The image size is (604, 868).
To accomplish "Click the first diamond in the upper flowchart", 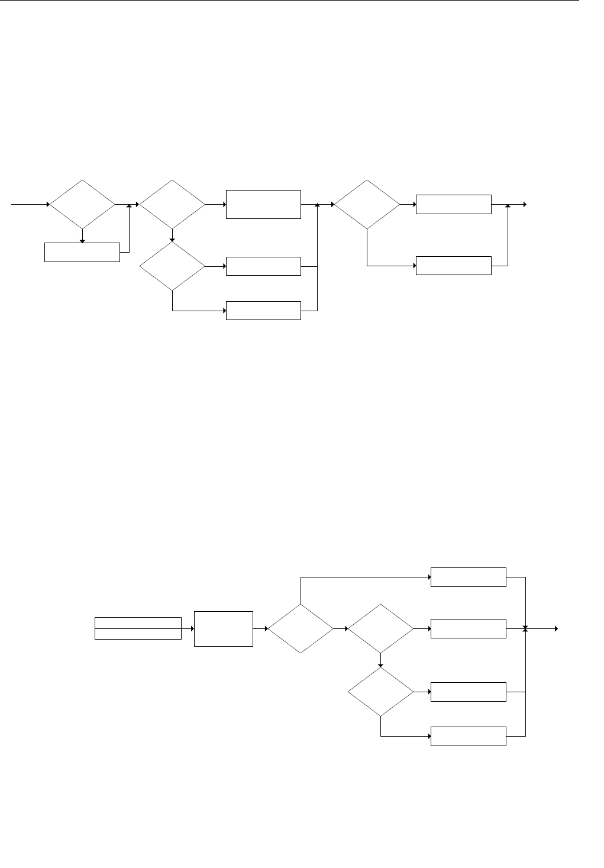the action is coord(82,205).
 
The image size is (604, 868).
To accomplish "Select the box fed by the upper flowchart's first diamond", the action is coord(82,252).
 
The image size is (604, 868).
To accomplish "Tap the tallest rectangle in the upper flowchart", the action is coord(263,205).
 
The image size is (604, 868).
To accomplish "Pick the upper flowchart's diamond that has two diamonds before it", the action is coord(367,205).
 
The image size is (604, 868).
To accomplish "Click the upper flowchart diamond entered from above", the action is coord(172,267).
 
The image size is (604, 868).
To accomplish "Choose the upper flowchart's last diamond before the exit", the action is coord(367,205).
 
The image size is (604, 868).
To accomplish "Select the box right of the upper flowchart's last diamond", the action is coord(453,204).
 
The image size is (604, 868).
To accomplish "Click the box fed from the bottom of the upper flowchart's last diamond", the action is coord(453,266).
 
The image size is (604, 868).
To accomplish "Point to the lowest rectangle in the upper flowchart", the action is coord(263,311).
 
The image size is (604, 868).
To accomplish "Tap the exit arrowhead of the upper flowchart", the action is coord(524,205).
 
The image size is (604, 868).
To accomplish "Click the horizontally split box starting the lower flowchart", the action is coord(138,628).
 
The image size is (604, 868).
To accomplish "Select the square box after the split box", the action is coord(223,628).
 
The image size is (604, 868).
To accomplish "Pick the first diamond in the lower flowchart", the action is coord(301,628).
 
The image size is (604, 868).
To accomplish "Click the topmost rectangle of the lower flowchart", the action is coord(469,577).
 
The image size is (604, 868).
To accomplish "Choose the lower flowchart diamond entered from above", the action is coord(380,692).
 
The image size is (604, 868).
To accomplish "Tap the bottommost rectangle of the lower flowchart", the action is coord(469,736).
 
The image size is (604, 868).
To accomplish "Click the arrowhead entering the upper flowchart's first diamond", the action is coord(47,205).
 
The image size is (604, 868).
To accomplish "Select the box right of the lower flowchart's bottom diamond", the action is coord(469,692).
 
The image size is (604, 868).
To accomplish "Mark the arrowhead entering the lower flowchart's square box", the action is coord(192,628).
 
